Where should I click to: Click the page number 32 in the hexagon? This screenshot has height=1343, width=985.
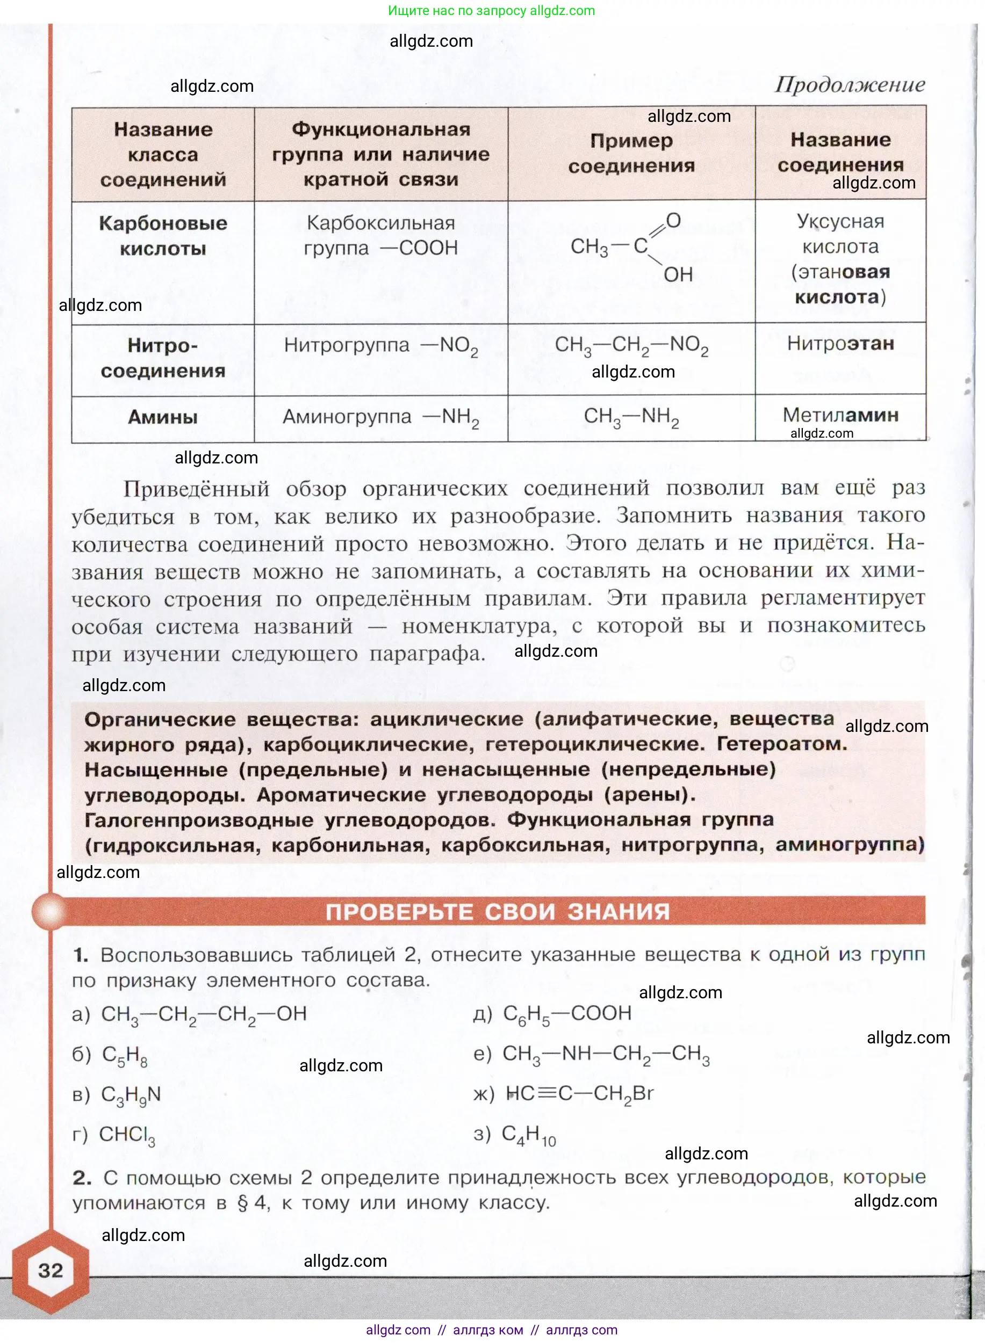50,1270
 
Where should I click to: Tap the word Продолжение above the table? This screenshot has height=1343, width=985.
850,85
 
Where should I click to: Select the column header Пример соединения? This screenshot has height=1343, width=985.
631,153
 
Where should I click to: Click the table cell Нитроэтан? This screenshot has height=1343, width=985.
840,344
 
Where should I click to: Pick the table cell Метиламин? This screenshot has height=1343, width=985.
840,415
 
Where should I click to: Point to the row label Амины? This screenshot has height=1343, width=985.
163,417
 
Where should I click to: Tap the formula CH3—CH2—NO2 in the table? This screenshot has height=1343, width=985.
631,346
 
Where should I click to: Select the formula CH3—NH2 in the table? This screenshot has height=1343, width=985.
631,417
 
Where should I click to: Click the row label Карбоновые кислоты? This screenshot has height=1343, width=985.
163,235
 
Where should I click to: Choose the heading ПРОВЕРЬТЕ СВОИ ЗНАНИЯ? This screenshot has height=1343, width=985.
497,912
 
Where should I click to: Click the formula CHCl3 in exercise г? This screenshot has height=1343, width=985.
127,1135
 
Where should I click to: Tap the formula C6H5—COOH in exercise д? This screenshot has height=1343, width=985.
567,1014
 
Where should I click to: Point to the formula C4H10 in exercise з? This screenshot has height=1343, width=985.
529,1135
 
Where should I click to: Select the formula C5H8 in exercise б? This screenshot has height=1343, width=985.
125,1055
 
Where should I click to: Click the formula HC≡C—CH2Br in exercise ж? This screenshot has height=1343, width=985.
579,1094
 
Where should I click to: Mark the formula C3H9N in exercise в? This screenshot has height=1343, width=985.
131,1095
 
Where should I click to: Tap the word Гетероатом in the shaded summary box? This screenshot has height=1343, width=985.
781,744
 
